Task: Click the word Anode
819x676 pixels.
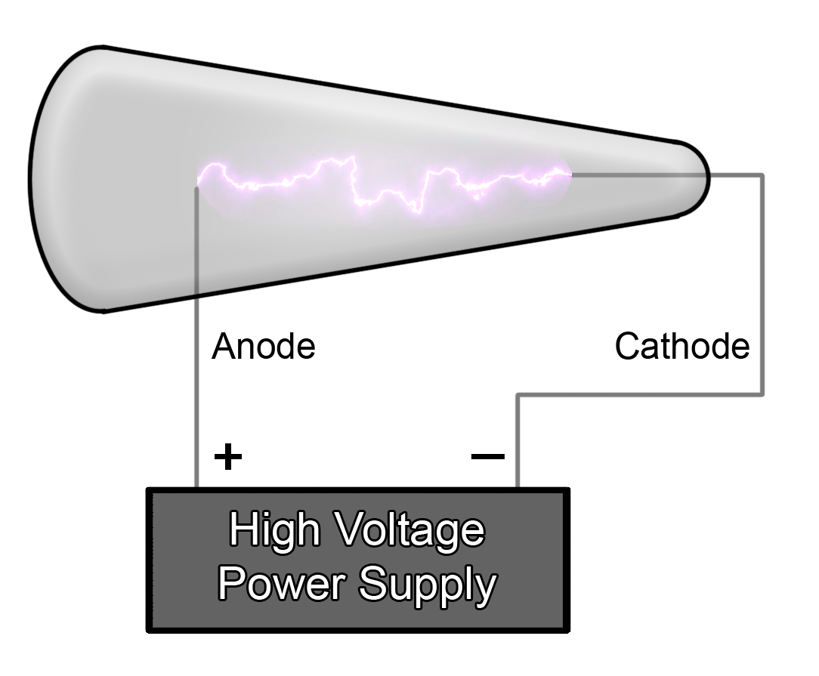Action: tap(263, 347)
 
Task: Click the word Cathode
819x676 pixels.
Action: tap(681, 347)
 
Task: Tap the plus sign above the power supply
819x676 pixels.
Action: tap(227, 456)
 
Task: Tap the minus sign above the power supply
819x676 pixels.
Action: tap(487, 455)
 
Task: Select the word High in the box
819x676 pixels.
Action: tap(274, 530)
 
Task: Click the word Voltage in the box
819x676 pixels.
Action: tap(409, 532)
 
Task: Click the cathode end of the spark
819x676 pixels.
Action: tap(570, 174)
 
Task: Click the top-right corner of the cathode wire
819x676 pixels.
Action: tap(762, 175)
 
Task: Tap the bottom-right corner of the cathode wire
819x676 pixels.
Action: tap(762, 394)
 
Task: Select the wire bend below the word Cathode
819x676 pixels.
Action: tap(518, 394)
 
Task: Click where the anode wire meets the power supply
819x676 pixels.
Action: tap(197, 488)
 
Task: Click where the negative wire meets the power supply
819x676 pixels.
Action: tap(518, 488)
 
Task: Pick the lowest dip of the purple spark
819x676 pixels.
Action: tap(415, 212)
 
